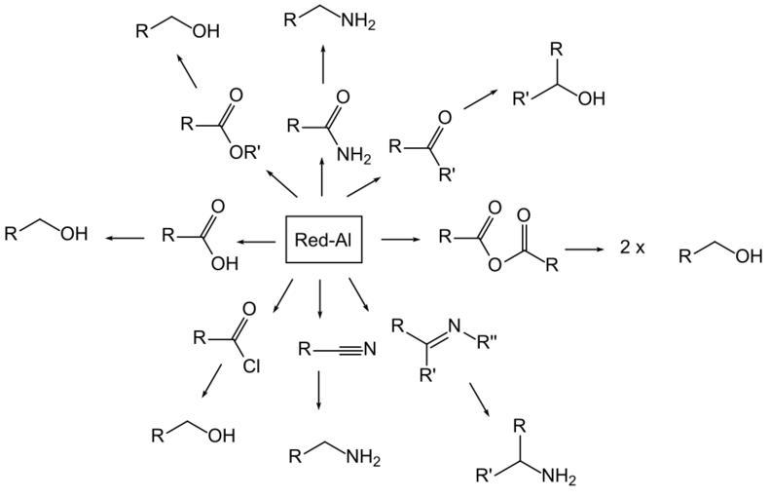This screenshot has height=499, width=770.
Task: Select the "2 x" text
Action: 633,249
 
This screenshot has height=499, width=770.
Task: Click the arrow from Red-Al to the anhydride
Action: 398,238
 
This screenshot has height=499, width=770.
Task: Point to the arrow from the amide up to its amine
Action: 322,68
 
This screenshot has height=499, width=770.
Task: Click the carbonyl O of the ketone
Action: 445,118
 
